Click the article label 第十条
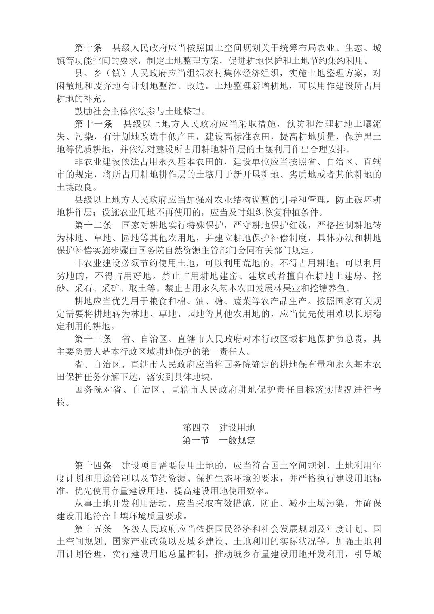click(89, 48)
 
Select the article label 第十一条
click(94, 123)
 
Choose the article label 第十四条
click(94, 465)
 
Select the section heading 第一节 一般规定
click(219, 440)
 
